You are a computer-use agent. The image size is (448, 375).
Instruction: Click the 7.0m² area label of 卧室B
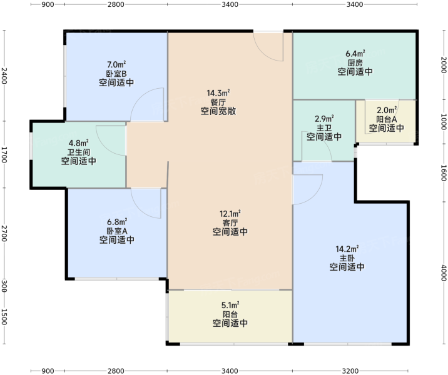[116, 64]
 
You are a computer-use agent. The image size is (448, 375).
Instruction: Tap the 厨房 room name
[355, 62]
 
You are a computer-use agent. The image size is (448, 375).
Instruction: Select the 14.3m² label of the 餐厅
[218, 93]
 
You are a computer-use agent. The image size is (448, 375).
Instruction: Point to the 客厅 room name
[230, 222]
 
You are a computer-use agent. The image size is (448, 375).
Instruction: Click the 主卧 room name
[347, 258]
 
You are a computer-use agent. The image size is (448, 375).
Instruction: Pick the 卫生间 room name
[79, 152]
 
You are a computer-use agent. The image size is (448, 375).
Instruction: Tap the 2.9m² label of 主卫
[324, 118]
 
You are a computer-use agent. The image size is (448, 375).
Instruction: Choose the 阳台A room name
[386, 119]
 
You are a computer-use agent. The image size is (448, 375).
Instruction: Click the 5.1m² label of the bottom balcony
[230, 306]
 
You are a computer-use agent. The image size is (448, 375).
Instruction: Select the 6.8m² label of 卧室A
[117, 222]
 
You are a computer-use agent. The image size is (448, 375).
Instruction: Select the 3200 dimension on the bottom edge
[350, 371]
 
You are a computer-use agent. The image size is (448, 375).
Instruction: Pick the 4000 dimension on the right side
[444, 272]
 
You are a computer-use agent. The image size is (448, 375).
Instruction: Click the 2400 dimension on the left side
[4, 76]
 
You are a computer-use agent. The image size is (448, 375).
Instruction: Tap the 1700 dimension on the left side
[4, 154]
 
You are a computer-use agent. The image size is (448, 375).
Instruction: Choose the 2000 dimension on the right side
[444, 65]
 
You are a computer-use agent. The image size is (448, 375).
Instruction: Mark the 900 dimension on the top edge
[48, 4]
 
